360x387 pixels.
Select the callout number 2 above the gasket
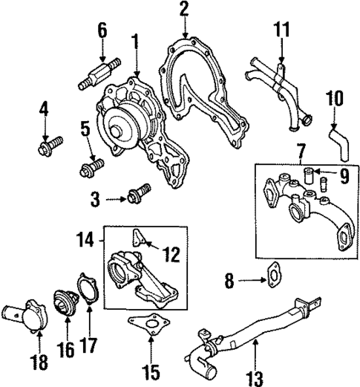pyautogui.click(x=183, y=10)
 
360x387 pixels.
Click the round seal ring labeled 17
pyautogui.click(x=86, y=289)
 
